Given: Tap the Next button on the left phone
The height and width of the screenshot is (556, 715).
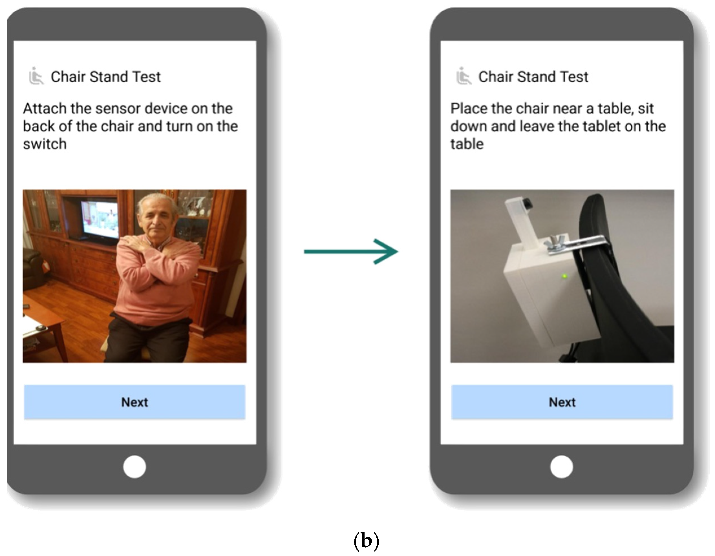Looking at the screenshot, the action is pyautogui.click(x=134, y=402).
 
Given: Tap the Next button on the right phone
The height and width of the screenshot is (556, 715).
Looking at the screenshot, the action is pyautogui.click(x=562, y=402).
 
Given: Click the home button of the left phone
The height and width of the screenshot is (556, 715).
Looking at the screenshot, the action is pyautogui.click(x=134, y=467).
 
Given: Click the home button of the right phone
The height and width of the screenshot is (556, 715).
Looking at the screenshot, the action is pyautogui.click(x=562, y=467).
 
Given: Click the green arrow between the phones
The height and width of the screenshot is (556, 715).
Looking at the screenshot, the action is pyautogui.click(x=351, y=251).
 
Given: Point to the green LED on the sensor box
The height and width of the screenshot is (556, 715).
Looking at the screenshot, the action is pyautogui.click(x=564, y=276).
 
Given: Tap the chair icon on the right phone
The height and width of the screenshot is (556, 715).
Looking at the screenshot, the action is pyautogui.click(x=464, y=76).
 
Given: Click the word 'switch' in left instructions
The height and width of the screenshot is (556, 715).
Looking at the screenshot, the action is pyautogui.click(x=45, y=144).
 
